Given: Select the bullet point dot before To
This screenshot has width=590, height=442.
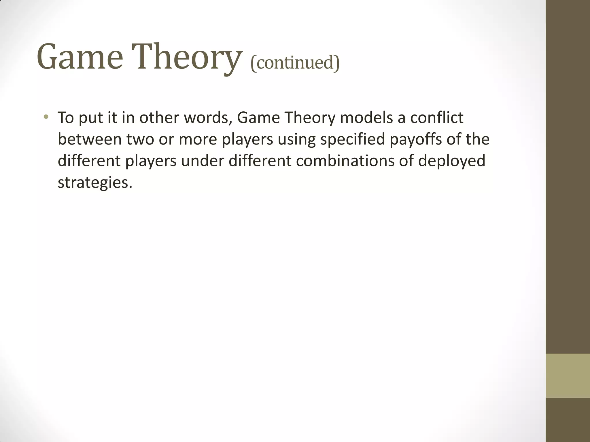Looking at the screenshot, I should pyautogui.click(x=46, y=117).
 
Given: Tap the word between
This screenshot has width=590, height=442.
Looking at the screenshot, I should pyautogui.click(x=90, y=139).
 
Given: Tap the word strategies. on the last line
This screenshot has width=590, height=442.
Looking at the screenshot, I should pyautogui.click(x=95, y=182).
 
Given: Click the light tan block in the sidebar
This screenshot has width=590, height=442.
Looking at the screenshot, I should pyautogui.click(x=568, y=376).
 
